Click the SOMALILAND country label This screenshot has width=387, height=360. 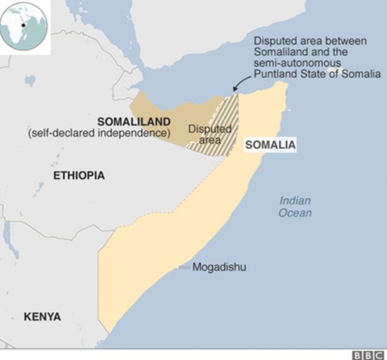tap(133, 121)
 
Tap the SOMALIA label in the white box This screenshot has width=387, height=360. tap(270, 146)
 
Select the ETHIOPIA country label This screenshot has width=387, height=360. tap(79, 176)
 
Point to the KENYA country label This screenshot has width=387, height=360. tap(42, 317)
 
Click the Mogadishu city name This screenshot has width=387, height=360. tap(220, 268)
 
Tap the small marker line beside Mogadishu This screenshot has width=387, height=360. tap(184, 268)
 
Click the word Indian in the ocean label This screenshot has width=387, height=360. tap(295, 200)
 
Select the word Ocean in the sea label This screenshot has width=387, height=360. tap(295, 213)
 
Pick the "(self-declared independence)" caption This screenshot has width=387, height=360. tap(99, 133)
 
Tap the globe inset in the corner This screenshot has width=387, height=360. tap(24, 25)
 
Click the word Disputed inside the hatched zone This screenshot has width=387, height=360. tap(209, 129)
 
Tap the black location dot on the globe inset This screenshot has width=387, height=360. tap(24, 25)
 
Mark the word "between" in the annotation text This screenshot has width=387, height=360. tap(347, 41)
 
